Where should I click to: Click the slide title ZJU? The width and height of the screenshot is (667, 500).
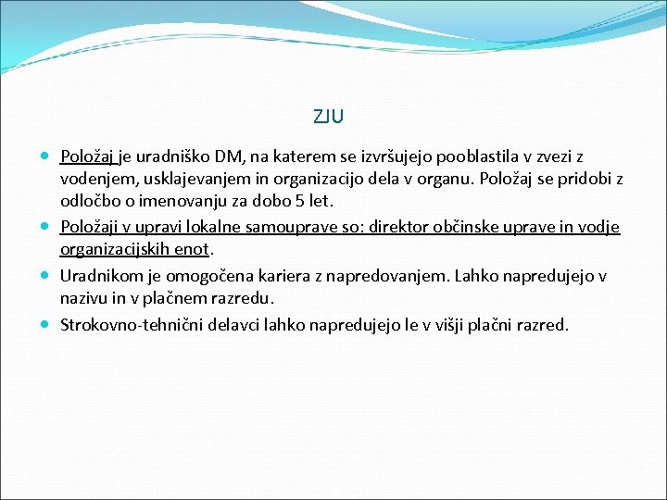click(x=329, y=117)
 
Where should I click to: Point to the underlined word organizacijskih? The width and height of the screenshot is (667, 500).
click(x=118, y=249)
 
